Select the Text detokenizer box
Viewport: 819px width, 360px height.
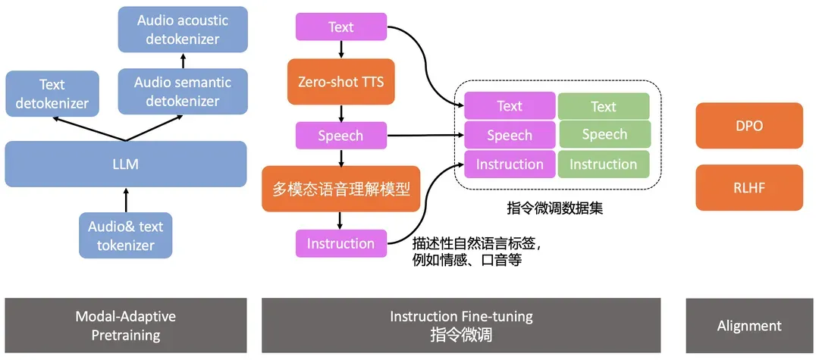pos(52,93)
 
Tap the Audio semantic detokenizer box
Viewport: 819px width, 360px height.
pos(183,92)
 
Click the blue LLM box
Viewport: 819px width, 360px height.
pos(126,164)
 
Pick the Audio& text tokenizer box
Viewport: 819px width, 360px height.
pos(126,235)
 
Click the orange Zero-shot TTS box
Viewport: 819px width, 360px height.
pos(340,81)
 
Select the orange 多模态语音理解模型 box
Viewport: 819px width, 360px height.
pos(340,189)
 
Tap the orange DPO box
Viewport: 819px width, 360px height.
pos(749,126)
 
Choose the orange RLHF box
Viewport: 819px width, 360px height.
pos(749,187)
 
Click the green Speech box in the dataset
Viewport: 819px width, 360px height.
pos(604,135)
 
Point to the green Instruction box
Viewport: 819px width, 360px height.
pos(604,164)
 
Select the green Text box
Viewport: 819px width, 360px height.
pos(604,106)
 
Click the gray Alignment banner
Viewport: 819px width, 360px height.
pos(749,326)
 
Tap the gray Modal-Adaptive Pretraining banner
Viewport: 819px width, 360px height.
pos(126,326)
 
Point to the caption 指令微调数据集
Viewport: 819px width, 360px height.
pos(555,206)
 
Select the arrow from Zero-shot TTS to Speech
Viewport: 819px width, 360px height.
pos(340,114)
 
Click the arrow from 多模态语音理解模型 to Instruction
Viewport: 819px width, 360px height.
pos(340,221)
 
